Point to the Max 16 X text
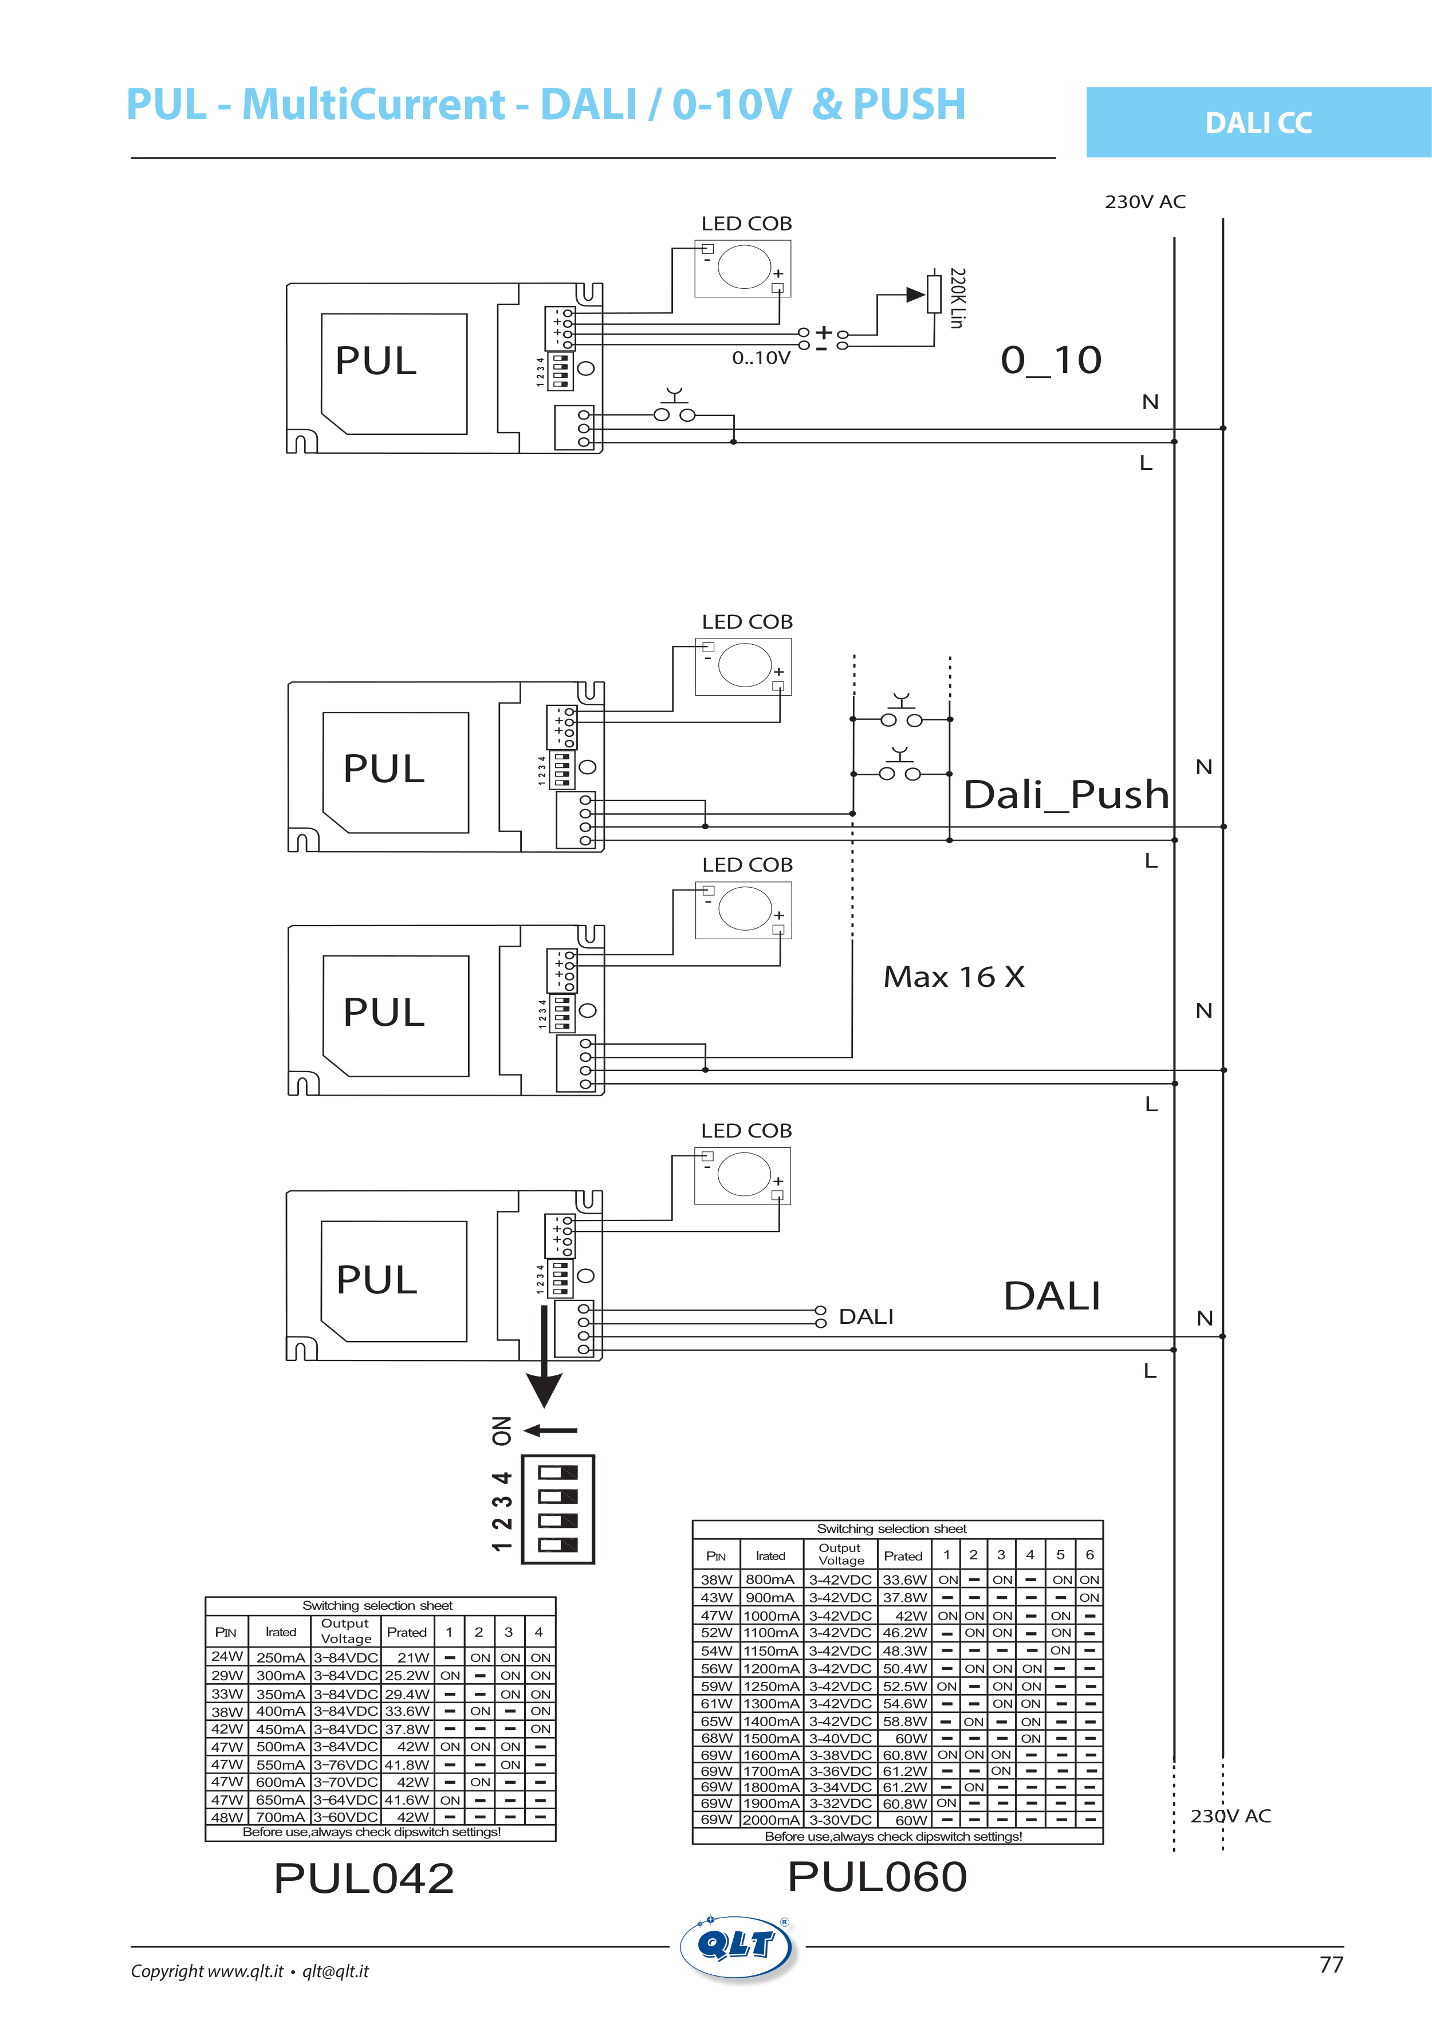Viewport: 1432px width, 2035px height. pos(954,977)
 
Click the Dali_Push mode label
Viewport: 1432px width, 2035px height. pos(1066,794)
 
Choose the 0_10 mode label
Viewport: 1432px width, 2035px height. pos(1051,360)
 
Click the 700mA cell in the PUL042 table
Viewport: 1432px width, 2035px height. pos(280,1817)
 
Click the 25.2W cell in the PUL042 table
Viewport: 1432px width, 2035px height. pos(407,1675)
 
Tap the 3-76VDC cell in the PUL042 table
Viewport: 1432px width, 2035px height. pos(345,1764)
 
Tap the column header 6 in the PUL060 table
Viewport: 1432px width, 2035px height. pos(1089,1555)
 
